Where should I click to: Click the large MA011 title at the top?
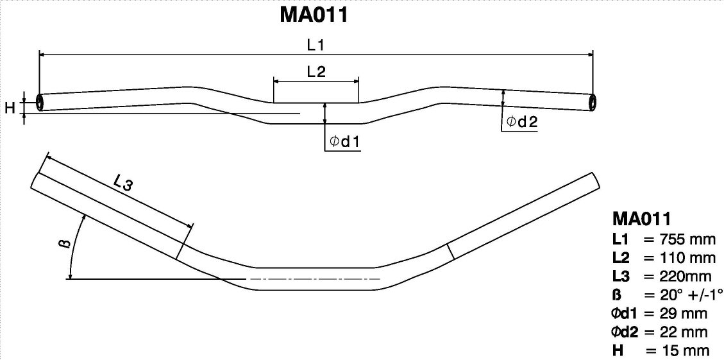pyautogui.click(x=314, y=15)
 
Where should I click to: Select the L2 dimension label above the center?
pyautogui.click(x=316, y=72)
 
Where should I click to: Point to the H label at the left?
pyautogui.click(x=10, y=108)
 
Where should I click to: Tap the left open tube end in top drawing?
pyautogui.click(x=41, y=103)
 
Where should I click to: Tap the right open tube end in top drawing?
pyautogui.click(x=591, y=103)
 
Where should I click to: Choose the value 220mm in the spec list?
pyautogui.click(x=673, y=277)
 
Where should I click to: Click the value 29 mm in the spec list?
pyautogui.click(x=673, y=314)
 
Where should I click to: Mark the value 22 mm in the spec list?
pyautogui.click(x=673, y=332)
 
